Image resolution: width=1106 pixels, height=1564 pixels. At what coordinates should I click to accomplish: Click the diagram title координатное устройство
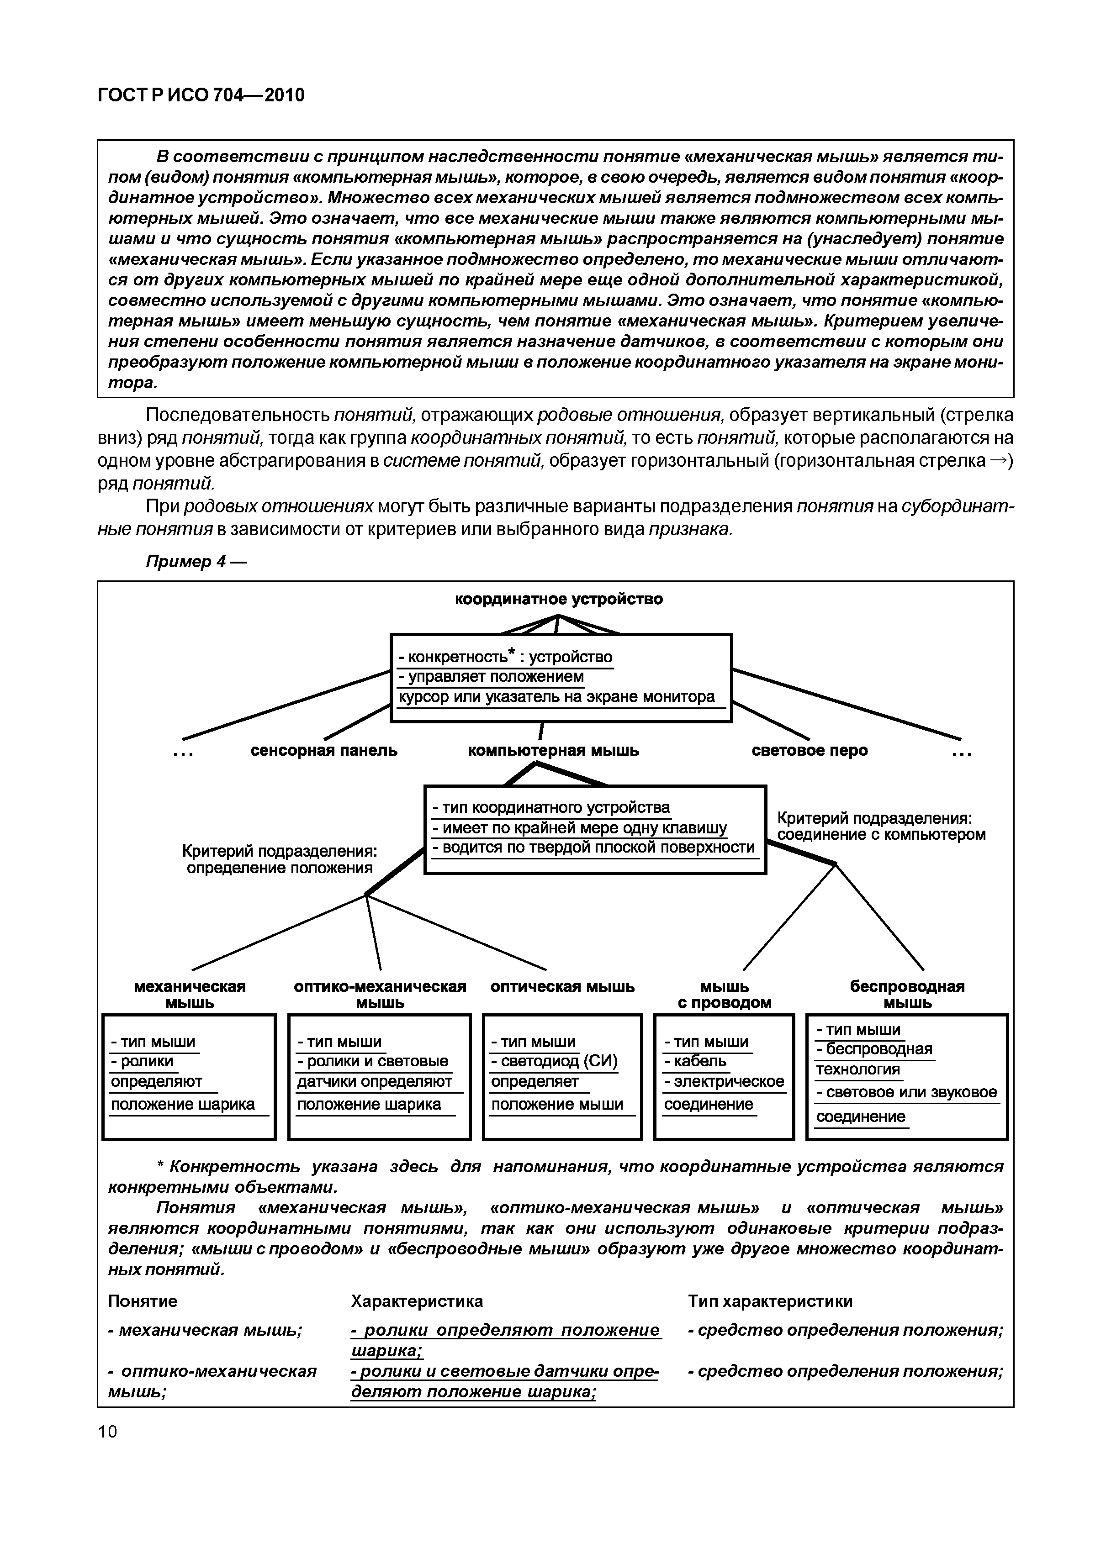(x=558, y=600)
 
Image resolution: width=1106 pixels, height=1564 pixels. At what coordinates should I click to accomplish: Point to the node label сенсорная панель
(x=324, y=751)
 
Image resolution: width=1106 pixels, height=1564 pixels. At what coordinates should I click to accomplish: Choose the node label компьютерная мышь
(x=553, y=751)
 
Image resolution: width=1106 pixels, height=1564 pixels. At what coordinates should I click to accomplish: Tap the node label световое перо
(x=810, y=751)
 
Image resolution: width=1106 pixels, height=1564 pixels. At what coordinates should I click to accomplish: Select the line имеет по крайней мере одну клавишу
(x=579, y=828)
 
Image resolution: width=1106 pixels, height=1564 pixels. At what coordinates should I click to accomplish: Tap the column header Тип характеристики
(x=770, y=1301)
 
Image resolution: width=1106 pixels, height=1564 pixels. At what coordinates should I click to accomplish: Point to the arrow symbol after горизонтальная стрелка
(x=998, y=460)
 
